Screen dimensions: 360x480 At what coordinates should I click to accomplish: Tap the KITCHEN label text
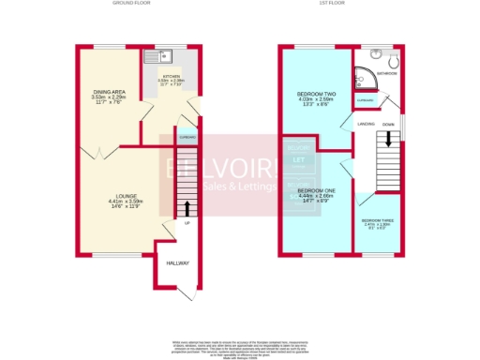(x=172, y=76)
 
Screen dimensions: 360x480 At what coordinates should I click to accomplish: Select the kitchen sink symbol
(x=155, y=56)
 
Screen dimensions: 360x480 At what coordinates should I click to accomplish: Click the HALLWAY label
(x=165, y=264)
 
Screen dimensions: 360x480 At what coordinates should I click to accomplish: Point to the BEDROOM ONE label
(x=311, y=191)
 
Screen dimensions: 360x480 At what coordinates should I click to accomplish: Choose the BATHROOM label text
(x=387, y=72)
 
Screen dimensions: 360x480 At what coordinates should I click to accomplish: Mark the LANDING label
(x=367, y=123)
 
